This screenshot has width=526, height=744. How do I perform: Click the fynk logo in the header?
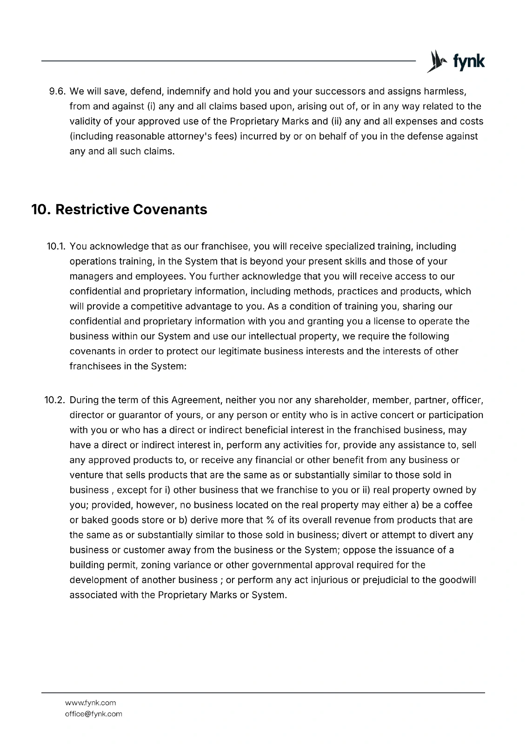[x=456, y=61]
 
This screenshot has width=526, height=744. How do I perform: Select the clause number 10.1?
[x=56, y=246]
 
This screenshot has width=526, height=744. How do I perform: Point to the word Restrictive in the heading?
[x=92, y=209]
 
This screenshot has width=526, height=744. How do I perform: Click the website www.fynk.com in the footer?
[x=90, y=703]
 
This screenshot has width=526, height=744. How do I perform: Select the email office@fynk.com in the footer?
[x=93, y=714]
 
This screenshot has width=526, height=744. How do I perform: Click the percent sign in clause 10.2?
[x=270, y=520]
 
